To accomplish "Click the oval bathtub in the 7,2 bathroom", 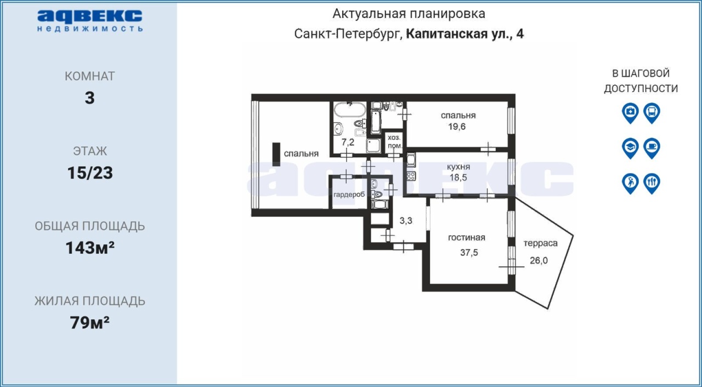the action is tap(349, 110).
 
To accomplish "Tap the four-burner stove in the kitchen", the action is tap(411, 176).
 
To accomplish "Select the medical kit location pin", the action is tap(630, 113).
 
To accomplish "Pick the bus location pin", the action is tap(652, 113).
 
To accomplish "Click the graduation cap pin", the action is tap(630, 148).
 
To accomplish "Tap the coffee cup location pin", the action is tap(652, 148).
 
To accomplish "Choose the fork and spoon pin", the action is tap(652, 184).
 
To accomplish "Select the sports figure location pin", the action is tap(630, 184).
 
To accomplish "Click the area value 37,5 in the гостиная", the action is tap(469, 252).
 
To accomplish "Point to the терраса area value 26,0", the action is tap(539, 260).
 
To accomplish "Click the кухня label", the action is tap(458, 167).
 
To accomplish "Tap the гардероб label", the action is tap(349, 195).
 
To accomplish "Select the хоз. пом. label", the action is tap(394, 141).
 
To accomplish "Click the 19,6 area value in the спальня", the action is tap(457, 127).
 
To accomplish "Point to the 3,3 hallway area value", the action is tap(406, 221).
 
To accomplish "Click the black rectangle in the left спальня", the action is tap(276, 155).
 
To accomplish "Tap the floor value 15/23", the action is tap(90, 173).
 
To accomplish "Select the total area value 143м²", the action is tap(90, 248).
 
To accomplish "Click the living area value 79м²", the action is tap(90, 322).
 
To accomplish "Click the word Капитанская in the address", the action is tap(446, 34).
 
